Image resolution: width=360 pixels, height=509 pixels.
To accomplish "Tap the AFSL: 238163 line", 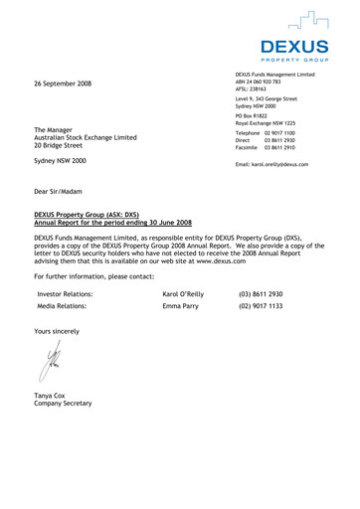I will [x=254, y=90].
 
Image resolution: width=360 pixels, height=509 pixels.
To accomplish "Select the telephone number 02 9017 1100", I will [x=289, y=133].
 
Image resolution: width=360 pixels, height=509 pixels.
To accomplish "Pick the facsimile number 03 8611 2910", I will [x=289, y=148].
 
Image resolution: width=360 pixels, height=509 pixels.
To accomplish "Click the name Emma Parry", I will [x=181, y=307].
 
